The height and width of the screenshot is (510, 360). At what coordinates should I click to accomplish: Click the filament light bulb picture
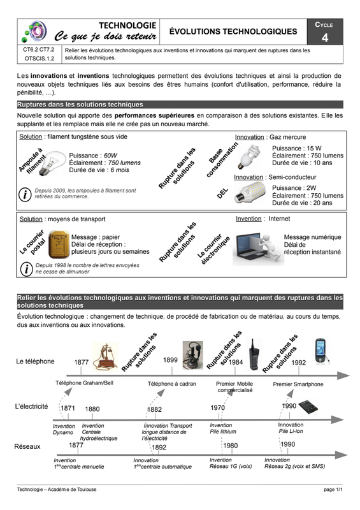(x=53, y=163)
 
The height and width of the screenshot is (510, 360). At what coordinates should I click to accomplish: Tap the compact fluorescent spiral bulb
(x=250, y=157)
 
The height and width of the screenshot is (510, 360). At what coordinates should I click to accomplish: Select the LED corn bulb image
(x=250, y=193)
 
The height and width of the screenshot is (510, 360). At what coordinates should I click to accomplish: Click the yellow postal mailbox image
(x=59, y=244)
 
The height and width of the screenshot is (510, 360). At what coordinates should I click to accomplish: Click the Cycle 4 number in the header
(x=325, y=38)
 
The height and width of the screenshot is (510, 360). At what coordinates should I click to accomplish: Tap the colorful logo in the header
(x=34, y=31)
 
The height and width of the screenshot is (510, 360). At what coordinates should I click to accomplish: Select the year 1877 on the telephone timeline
(x=82, y=362)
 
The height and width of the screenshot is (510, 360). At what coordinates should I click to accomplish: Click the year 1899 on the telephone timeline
(x=170, y=360)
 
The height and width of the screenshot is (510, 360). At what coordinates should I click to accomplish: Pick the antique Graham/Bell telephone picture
(x=104, y=357)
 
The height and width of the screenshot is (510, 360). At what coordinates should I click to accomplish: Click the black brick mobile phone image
(x=254, y=354)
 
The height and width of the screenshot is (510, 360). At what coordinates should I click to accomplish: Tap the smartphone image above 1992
(x=321, y=351)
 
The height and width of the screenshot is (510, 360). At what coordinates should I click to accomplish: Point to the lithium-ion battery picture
(x=308, y=407)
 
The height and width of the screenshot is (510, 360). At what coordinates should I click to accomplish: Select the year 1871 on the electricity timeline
(x=68, y=408)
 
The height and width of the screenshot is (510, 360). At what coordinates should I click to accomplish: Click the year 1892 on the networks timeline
(x=159, y=448)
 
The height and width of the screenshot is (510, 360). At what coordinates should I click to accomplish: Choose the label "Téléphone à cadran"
(x=171, y=384)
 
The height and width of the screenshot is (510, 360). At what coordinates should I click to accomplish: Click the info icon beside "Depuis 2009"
(x=25, y=194)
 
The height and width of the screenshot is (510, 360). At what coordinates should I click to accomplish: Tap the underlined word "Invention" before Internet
(x=248, y=219)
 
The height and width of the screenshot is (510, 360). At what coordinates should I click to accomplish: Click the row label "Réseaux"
(x=27, y=447)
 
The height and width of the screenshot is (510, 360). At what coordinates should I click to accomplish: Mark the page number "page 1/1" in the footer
(x=333, y=490)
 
